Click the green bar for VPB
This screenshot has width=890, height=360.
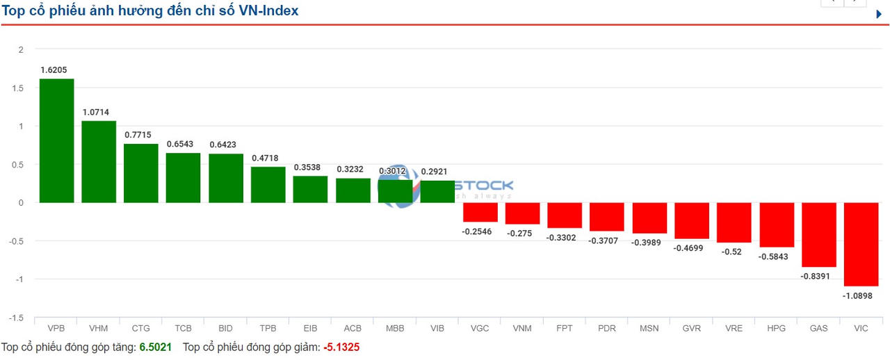pyautogui.click(x=56, y=140)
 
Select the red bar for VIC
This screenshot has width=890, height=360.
pyautogui.click(x=861, y=244)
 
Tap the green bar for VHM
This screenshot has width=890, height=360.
pyautogui.click(x=99, y=161)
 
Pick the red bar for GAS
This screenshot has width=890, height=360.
pyautogui.click(x=818, y=234)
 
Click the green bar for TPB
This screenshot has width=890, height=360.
pyautogui.click(x=268, y=184)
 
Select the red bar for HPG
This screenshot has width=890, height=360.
pyautogui.click(x=776, y=224)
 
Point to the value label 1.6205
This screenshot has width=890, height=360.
pyautogui.click(x=54, y=69)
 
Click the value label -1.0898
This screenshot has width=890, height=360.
pyautogui.click(x=857, y=295)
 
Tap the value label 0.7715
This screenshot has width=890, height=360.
pyautogui.click(x=138, y=134)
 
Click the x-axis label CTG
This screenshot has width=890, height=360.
pyautogui.click(x=140, y=328)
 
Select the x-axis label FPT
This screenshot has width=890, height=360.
pyautogui.click(x=564, y=328)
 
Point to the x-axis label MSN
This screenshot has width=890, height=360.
pyautogui.click(x=649, y=328)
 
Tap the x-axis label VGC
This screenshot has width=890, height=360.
pyautogui.click(x=480, y=328)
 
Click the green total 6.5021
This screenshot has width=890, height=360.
pyautogui.click(x=156, y=346)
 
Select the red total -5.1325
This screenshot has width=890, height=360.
pyautogui.click(x=341, y=346)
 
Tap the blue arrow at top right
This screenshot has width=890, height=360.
pyautogui.click(x=879, y=14)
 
